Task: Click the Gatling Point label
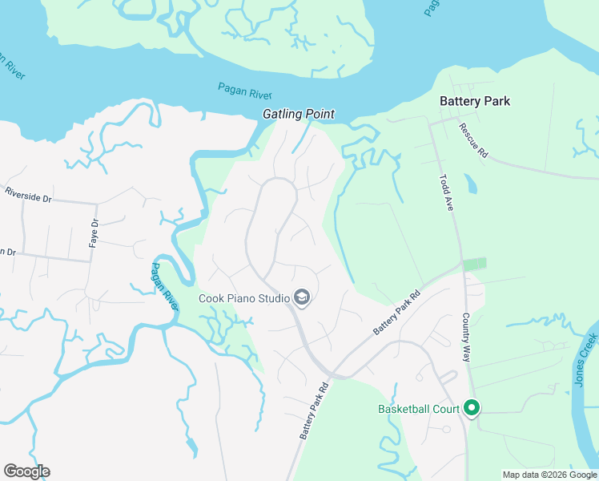click(299, 115)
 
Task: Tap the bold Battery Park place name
click(475, 101)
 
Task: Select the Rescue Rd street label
click(472, 141)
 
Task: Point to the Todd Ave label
click(447, 193)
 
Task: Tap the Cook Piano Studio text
click(244, 300)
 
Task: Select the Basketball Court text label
click(419, 409)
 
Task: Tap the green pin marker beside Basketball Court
click(472, 409)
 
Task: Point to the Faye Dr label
click(94, 232)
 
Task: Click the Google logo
click(26, 471)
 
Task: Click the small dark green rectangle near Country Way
click(475, 264)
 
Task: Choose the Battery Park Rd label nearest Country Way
click(397, 313)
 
